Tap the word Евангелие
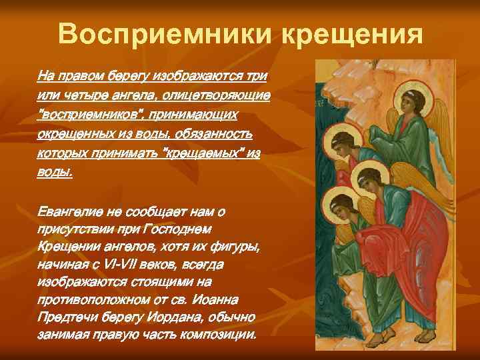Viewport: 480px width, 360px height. [x=69, y=211]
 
